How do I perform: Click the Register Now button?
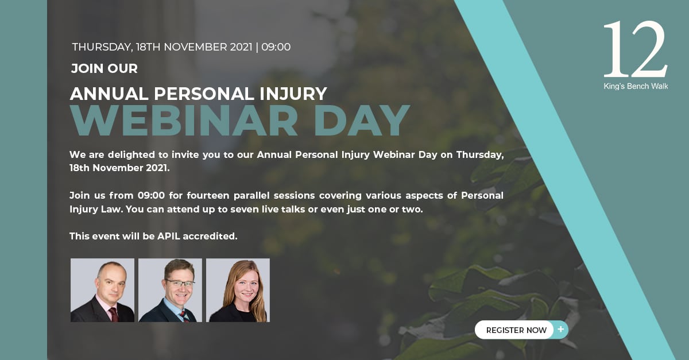click(x=516, y=330)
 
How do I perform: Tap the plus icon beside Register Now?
click(x=560, y=330)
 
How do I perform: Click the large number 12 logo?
click(x=635, y=50)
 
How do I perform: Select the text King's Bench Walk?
click(x=636, y=87)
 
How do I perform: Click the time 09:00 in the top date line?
click(x=276, y=47)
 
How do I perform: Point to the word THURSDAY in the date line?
click(x=101, y=47)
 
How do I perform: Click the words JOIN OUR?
click(x=104, y=69)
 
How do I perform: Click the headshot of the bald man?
click(x=102, y=290)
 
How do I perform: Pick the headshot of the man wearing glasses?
click(x=170, y=290)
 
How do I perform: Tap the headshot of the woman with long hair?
click(x=238, y=290)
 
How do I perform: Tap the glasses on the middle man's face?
click(x=180, y=283)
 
